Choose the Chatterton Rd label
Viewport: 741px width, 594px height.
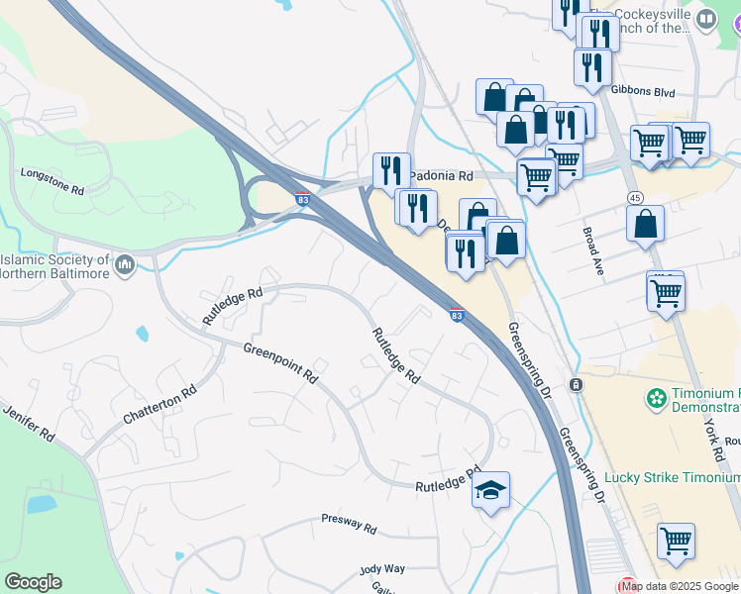tap(159, 405)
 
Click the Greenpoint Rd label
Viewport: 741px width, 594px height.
tap(280, 362)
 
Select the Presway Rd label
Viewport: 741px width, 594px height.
tap(349, 524)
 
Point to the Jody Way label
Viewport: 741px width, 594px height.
tap(382, 569)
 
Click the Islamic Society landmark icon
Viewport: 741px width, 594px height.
tap(125, 264)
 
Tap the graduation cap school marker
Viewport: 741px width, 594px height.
tap(490, 490)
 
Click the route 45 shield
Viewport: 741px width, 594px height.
tap(634, 198)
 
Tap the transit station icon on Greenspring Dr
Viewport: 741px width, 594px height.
tap(576, 383)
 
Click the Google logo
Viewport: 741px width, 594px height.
tap(33, 582)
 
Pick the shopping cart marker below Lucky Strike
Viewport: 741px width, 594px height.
tap(676, 541)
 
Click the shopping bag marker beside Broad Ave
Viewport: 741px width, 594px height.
tap(645, 224)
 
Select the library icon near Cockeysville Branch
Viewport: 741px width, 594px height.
tap(706, 20)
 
